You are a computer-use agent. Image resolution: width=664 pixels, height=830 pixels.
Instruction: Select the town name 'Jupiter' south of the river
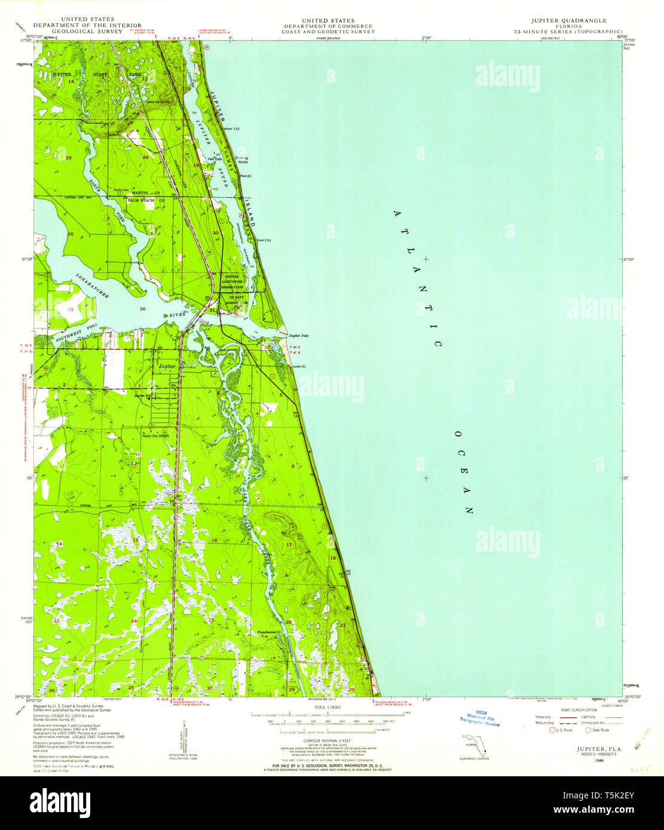point(167,366)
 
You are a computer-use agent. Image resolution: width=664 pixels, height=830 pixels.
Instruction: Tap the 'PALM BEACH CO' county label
point(146,200)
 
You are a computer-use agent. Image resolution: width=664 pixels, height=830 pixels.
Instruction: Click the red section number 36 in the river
point(142,309)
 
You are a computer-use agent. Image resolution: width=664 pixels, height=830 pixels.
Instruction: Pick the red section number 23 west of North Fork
point(69,158)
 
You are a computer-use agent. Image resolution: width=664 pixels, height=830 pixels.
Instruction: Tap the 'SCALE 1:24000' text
point(328,708)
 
